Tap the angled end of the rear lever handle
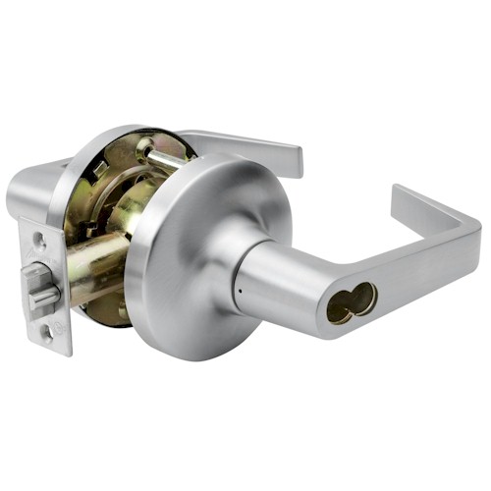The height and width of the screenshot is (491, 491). pyautogui.click(x=291, y=157)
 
